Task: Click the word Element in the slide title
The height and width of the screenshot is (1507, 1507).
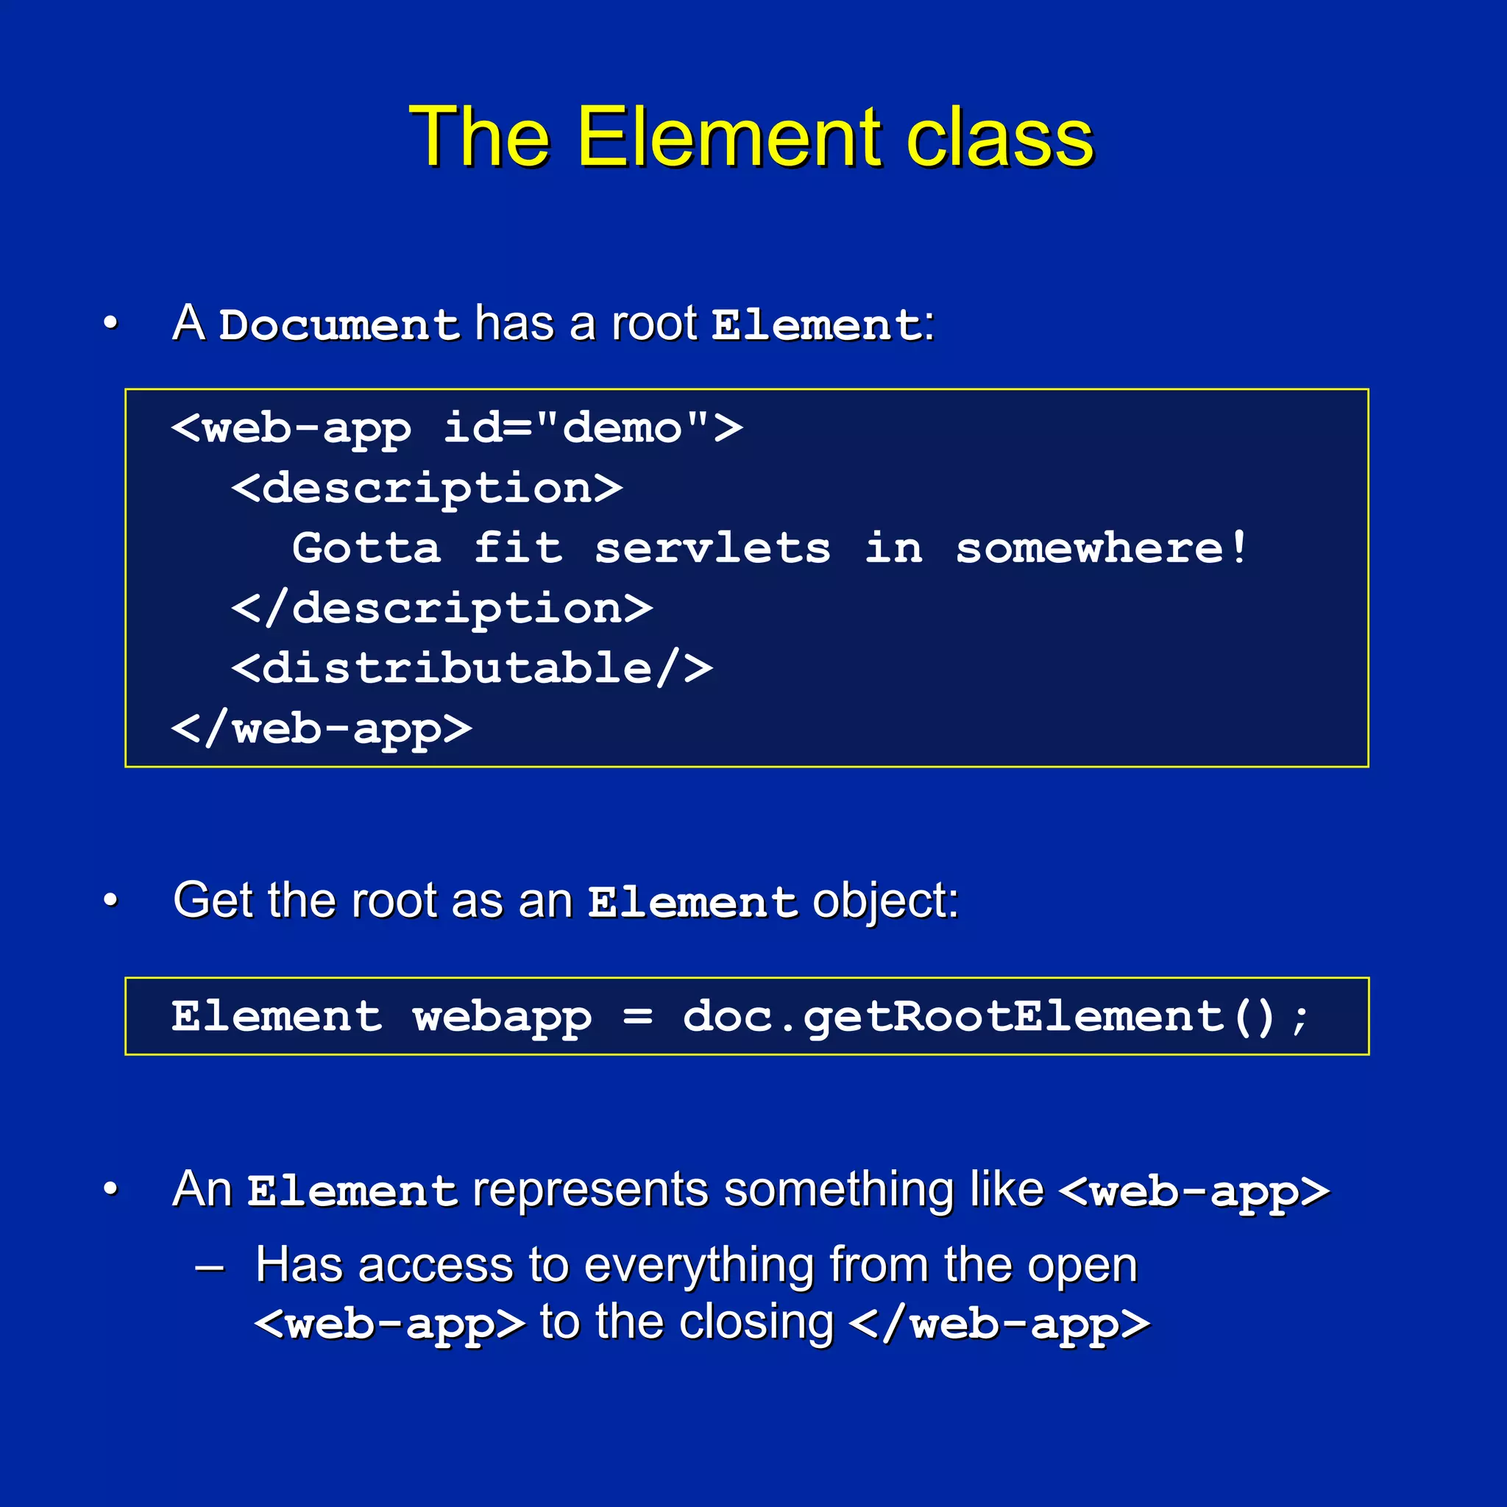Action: pos(729,138)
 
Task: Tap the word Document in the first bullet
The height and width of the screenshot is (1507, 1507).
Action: pos(338,325)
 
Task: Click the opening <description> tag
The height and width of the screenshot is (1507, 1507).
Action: pos(427,489)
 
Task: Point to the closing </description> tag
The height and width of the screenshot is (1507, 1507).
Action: pos(442,609)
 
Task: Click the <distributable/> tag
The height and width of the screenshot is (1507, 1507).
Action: pos(472,668)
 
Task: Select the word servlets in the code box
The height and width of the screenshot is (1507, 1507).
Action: pos(712,548)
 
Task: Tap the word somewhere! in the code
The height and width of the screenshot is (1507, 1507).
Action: pos(1101,548)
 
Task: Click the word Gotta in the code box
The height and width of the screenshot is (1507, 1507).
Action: pos(366,548)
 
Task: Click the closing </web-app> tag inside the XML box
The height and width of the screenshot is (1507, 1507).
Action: pos(322,729)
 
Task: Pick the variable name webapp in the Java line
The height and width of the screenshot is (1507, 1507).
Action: pos(503,1017)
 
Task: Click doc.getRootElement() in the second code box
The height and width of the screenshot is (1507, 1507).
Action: pos(978,1017)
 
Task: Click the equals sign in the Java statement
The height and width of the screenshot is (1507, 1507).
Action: pos(637,1017)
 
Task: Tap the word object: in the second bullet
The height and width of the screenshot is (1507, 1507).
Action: pos(885,901)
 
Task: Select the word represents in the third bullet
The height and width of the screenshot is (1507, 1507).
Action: pos(590,1191)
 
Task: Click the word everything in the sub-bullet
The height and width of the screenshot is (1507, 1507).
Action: pos(698,1264)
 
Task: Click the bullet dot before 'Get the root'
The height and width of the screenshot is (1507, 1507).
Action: pos(111,900)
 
